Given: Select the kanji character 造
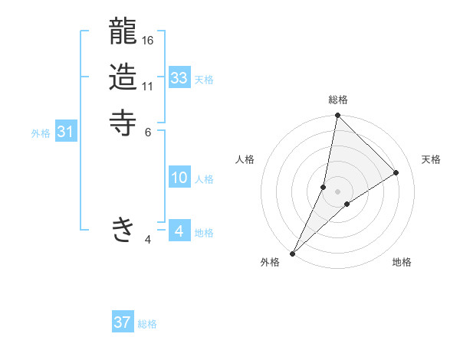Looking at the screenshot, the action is (123, 77).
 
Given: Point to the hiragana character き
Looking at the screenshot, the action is (123, 229).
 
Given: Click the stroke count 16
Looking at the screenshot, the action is (149, 40).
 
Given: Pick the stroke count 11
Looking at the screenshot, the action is (148, 86).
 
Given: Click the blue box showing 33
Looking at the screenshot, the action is (179, 78).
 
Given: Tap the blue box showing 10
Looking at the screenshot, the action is (179, 178).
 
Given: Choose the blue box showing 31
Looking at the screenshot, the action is (66, 132).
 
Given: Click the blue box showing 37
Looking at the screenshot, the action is (123, 322).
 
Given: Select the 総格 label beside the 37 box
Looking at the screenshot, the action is (147, 324).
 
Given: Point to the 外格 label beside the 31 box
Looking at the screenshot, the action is (41, 133).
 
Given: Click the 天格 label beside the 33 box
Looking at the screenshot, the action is (204, 80).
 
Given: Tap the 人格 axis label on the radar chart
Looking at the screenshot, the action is (245, 159).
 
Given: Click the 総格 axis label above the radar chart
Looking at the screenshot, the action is (338, 100).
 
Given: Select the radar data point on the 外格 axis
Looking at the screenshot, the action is (293, 254).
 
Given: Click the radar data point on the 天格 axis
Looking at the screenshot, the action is (396, 172).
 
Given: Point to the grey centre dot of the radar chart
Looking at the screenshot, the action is (338, 191).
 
